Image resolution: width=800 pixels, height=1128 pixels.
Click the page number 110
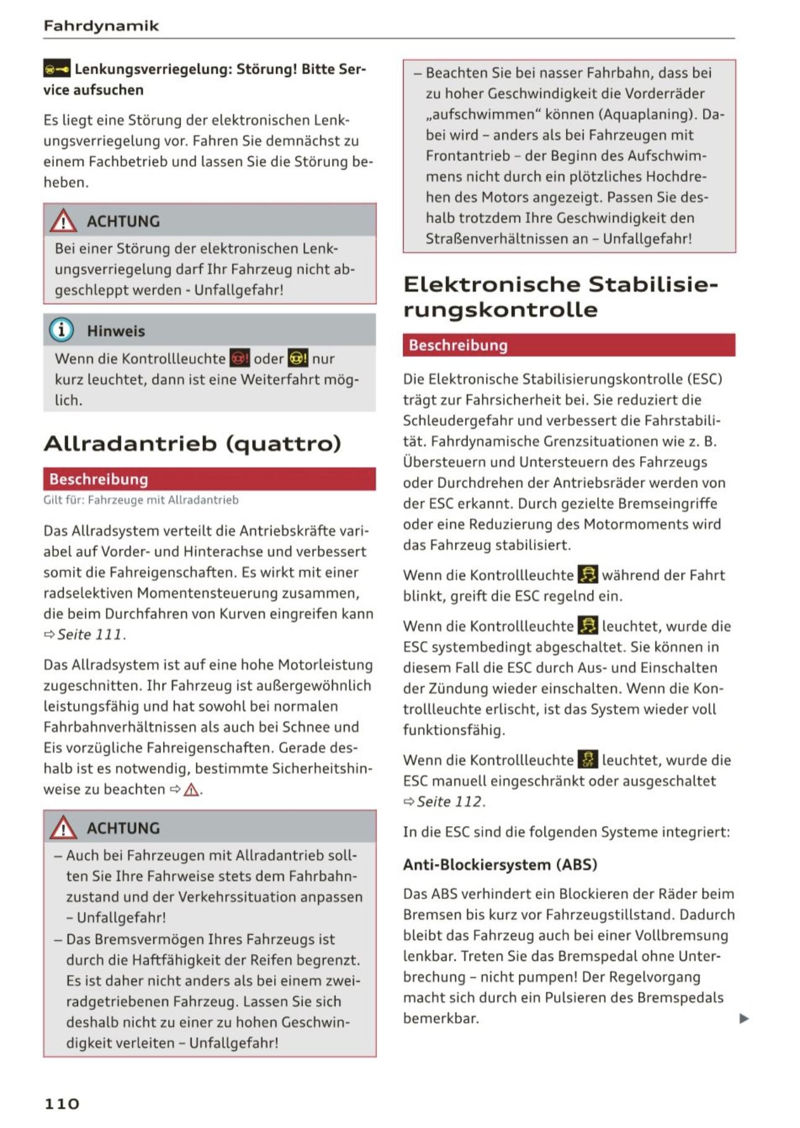[x=62, y=1103]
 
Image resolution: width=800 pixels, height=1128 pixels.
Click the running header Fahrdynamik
[x=101, y=26]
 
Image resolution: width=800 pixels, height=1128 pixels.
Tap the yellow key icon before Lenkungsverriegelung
[x=56, y=69]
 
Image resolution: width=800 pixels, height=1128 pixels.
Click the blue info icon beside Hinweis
[x=61, y=330]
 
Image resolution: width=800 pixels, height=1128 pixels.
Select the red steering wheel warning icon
[x=239, y=358]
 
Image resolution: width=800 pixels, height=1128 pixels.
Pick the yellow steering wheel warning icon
[x=298, y=358]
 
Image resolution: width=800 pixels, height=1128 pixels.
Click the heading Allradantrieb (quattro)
[x=192, y=443]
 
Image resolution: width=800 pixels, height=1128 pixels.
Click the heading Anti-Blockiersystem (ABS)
[x=500, y=864]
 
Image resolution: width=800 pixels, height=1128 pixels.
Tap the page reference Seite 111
[x=90, y=635]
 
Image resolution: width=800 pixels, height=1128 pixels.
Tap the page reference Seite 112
[x=450, y=801]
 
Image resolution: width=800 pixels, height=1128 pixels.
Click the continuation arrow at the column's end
[x=744, y=1018]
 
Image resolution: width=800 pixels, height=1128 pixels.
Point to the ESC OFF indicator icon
[x=588, y=759]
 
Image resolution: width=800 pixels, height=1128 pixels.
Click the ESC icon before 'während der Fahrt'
[x=588, y=575]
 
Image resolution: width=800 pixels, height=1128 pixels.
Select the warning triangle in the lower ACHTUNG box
[x=63, y=827]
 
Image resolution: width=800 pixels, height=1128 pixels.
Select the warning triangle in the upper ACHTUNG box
[x=63, y=221]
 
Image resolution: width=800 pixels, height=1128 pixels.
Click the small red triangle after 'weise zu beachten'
[x=192, y=790]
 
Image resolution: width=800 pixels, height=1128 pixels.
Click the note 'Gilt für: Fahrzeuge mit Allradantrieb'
[x=141, y=500]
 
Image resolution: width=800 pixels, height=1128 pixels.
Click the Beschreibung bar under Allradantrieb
[x=209, y=478]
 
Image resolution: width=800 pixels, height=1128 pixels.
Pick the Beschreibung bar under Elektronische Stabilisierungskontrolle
[x=569, y=345]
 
